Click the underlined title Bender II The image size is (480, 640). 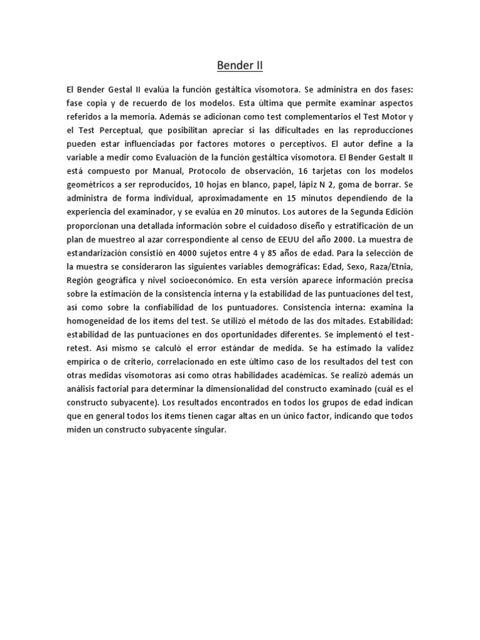[240, 65]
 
